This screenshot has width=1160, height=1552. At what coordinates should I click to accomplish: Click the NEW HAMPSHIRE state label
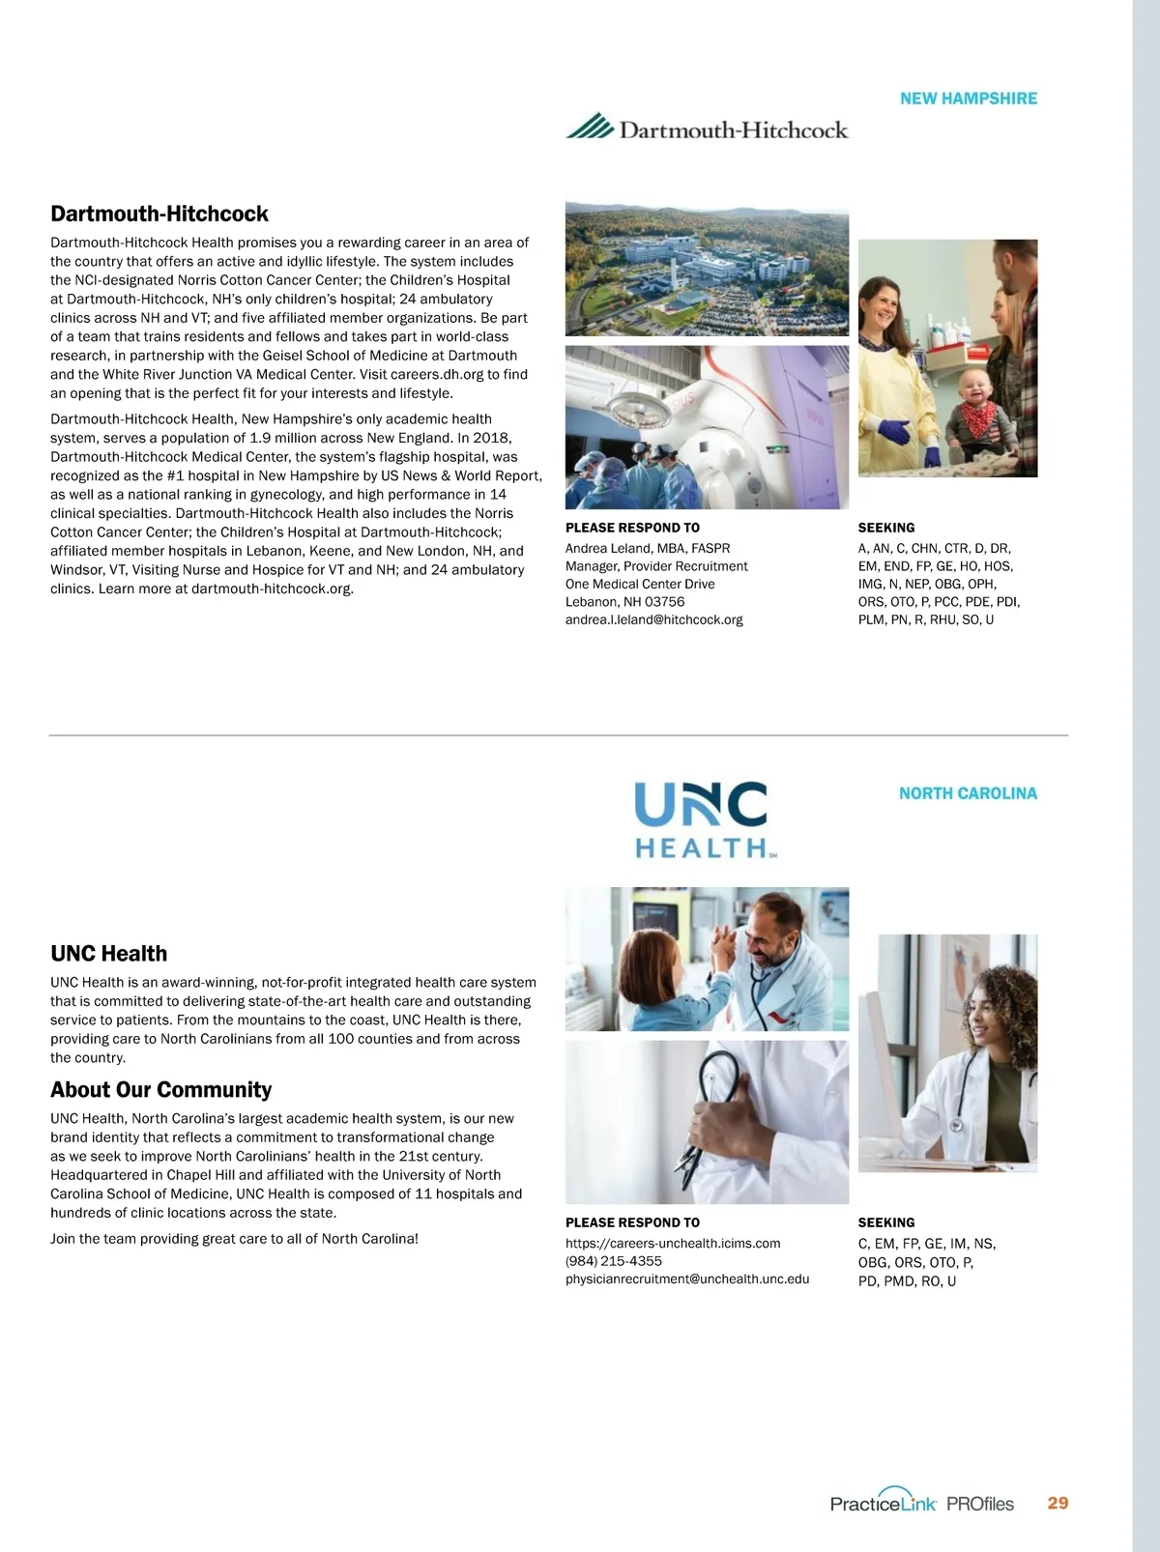(x=968, y=99)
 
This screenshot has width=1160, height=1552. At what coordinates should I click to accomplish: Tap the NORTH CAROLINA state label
(x=968, y=793)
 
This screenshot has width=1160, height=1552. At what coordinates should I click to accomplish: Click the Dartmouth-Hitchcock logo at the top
(x=707, y=129)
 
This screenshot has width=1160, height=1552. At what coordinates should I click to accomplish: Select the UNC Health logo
(x=703, y=820)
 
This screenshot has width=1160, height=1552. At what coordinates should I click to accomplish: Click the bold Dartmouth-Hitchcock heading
(x=159, y=214)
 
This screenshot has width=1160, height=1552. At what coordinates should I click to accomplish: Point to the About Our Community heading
(x=160, y=1090)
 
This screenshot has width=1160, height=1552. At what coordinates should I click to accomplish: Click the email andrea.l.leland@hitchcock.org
(x=653, y=619)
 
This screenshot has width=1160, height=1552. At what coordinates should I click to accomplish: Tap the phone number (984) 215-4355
(x=614, y=1261)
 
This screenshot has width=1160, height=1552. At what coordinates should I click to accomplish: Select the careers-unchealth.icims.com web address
(x=673, y=1243)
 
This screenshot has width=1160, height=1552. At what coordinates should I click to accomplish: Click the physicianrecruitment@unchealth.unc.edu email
(x=687, y=1279)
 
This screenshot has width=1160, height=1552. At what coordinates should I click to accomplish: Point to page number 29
(x=1058, y=1503)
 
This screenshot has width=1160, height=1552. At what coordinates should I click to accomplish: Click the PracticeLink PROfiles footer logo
(x=921, y=1503)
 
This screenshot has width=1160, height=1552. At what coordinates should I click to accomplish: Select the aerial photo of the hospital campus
(x=707, y=269)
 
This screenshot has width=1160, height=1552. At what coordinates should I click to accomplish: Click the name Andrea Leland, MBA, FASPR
(x=648, y=548)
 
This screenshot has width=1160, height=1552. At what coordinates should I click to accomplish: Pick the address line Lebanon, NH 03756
(x=624, y=601)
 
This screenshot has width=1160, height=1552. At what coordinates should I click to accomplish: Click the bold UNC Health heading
(x=109, y=954)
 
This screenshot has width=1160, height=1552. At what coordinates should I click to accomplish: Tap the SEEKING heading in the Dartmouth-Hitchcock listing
(x=886, y=528)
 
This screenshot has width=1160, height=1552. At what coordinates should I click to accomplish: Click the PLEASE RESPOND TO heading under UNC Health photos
(x=632, y=1222)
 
